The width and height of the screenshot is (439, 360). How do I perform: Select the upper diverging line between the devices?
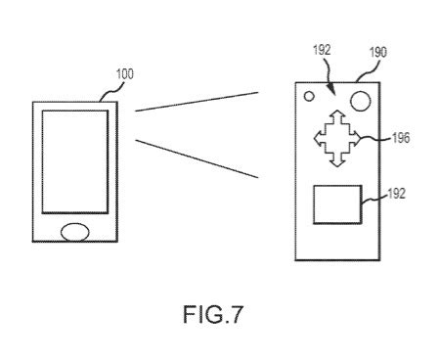tap(196, 103)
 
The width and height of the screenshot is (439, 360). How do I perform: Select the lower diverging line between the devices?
tap(196, 157)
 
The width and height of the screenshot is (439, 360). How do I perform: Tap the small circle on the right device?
tap(309, 98)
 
